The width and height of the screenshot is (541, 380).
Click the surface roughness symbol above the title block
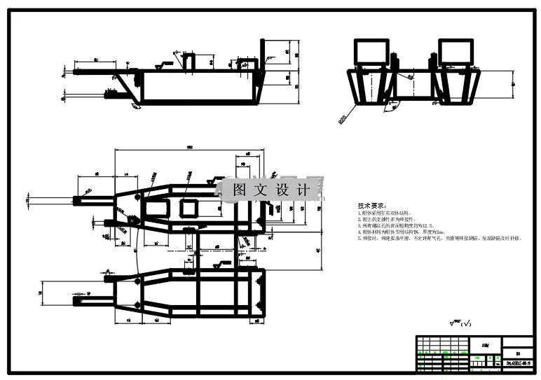click(x=461, y=323)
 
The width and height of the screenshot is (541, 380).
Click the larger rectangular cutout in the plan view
click(x=156, y=209)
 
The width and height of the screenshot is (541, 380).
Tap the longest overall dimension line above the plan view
click(x=189, y=149)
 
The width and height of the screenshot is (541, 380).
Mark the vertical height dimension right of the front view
click(x=512, y=83)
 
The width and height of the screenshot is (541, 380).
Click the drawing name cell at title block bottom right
click(x=519, y=363)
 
